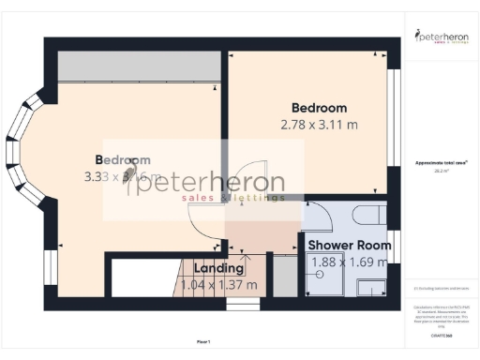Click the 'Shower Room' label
point(350,246)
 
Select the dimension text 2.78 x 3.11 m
point(319,124)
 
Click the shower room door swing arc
point(319,217)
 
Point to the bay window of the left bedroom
point(28,150)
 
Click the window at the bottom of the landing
point(243,304)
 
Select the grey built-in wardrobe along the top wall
point(138,67)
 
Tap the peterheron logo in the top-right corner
point(442,37)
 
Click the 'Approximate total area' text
point(442,163)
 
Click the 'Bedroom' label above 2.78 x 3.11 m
point(319,107)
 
